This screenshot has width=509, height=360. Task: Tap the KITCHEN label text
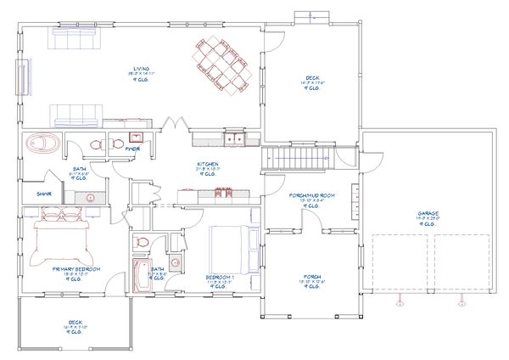coord(209,163)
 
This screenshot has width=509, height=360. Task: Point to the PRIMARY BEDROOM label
coord(76,269)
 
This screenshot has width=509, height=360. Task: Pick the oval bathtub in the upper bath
coord(41,143)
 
